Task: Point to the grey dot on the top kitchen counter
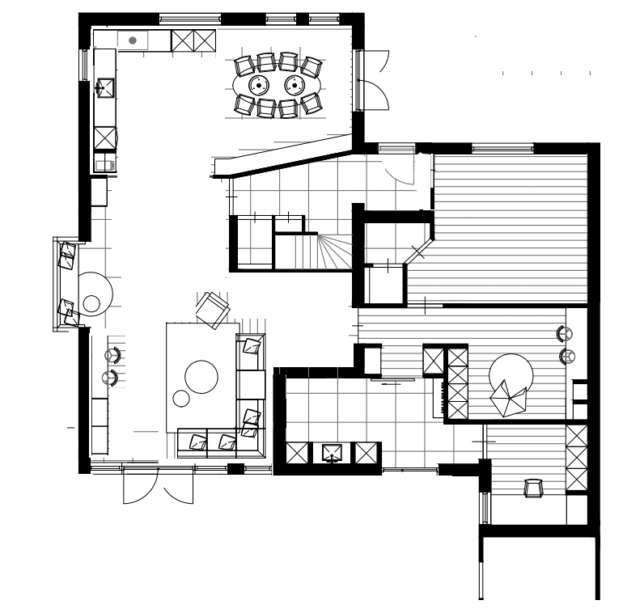pyautogui.click(x=133, y=40)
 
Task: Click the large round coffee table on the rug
pyautogui.click(x=201, y=376)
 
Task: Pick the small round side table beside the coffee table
pyautogui.click(x=181, y=398)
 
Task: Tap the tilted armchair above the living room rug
pyautogui.click(x=213, y=309)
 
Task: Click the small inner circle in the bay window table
pyautogui.click(x=91, y=304)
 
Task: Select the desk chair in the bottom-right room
pyautogui.click(x=533, y=488)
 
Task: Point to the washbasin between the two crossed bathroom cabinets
pyautogui.click(x=332, y=454)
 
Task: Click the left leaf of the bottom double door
pyautogui.click(x=133, y=488)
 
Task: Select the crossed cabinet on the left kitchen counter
pyautogui.click(x=105, y=137)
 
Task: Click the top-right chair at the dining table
pyautogui.click(x=311, y=65)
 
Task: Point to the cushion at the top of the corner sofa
pyautogui.click(x=252, y=347)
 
